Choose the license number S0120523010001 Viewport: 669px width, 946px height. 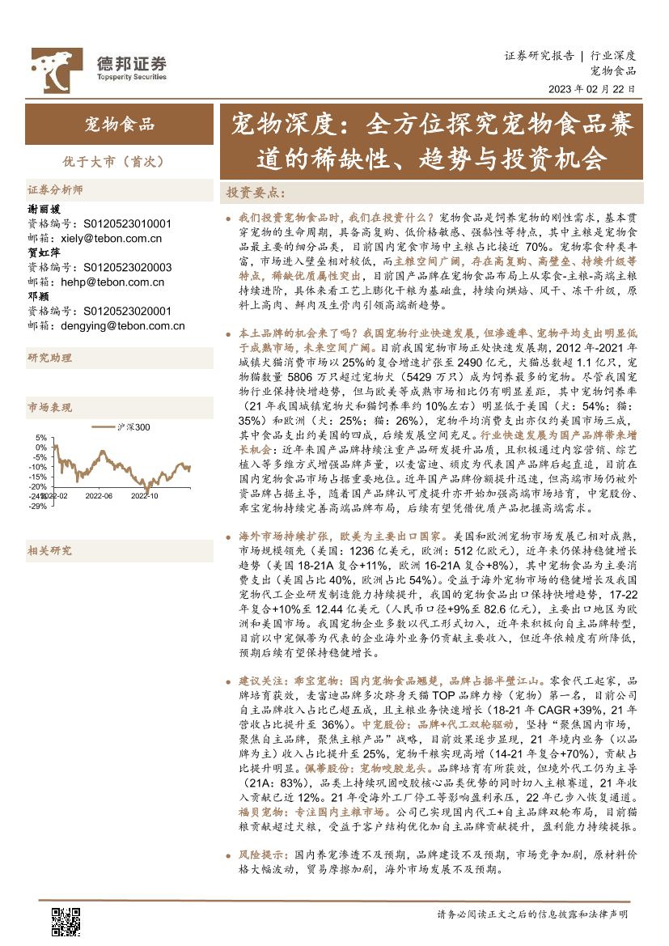128,223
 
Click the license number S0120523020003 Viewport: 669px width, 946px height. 128,267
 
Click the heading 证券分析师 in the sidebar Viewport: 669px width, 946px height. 55,191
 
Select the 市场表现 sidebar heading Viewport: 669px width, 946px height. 49,407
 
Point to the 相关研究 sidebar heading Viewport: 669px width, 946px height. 49,550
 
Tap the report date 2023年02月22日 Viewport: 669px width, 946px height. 591,89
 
